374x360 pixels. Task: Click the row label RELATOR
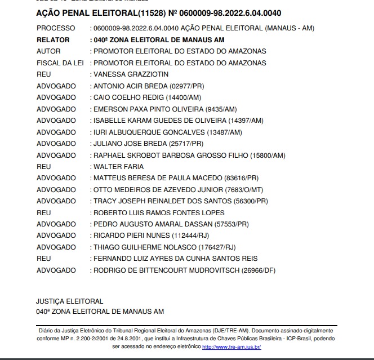53,40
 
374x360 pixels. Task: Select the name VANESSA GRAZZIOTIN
131,74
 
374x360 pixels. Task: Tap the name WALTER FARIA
118,167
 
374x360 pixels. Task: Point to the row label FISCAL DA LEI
60,63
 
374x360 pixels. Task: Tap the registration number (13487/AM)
224,132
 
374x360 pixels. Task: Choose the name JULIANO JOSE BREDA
128,144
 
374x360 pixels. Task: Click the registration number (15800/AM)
268,155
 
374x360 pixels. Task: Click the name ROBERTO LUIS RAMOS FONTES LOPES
159,213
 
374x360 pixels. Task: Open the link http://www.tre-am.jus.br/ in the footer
231,347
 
